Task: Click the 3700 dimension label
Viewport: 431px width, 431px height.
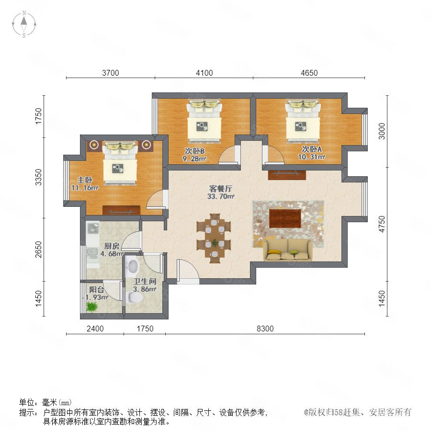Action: pos(111,73)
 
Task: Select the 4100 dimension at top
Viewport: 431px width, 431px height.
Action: pos(204,73)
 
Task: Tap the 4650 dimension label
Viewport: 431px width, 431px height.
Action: pos(309,73)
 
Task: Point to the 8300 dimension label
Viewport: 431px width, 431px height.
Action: pos(265,329)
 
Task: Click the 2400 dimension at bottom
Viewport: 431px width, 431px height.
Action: pos(95,329)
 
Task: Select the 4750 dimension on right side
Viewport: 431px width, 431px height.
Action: pos(382,224)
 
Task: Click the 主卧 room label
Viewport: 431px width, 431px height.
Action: pos(85,180)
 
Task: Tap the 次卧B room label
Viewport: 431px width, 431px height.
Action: pos(194,151)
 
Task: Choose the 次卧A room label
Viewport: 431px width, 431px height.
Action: pos(312,149)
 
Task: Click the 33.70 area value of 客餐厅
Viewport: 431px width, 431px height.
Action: pos(221,196)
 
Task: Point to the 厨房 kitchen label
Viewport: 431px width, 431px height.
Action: pos(112,246)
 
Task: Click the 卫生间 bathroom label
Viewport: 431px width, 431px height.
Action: pos(145,281)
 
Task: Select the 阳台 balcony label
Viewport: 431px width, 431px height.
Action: pos(96,289)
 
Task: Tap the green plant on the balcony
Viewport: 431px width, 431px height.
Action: pos(92,307)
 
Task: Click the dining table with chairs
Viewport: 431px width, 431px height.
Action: pos(214,238)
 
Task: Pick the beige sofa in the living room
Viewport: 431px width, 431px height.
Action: pos(288,250)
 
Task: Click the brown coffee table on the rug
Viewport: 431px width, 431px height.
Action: pos(285,218)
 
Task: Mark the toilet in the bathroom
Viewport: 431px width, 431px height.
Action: pos(135,297)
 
